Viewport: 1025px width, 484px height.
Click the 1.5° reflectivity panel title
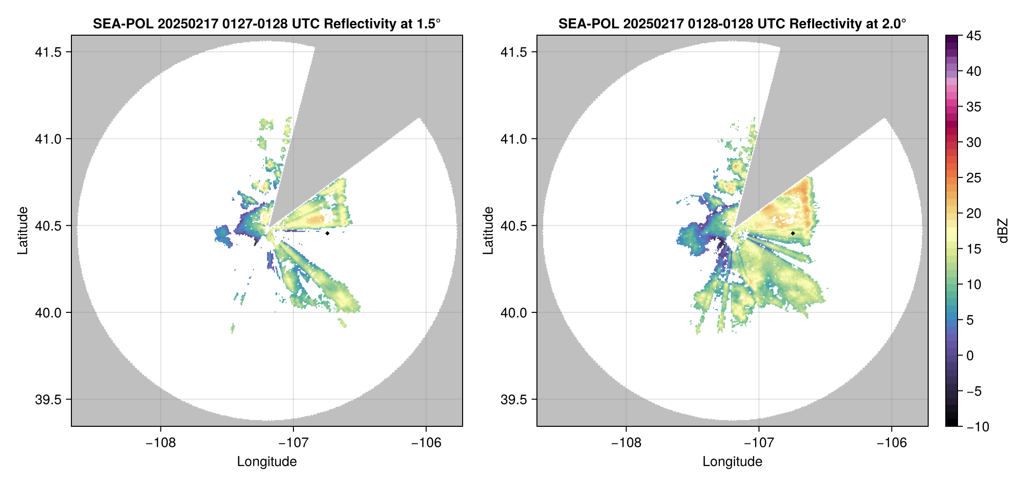tap(267, 23)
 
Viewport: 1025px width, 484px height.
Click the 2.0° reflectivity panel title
tap(732, 23)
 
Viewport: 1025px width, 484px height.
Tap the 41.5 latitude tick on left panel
tap(48, 52)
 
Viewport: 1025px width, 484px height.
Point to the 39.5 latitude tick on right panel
tap(513, 399)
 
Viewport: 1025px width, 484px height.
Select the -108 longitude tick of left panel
tap(160, 443)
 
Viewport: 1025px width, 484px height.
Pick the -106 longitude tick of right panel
tap(891, 443)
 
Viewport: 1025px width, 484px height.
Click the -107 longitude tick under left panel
tap(293, 443)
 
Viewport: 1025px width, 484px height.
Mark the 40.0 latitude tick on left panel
tap(48, 313)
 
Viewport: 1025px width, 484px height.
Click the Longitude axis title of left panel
tap(267, 462)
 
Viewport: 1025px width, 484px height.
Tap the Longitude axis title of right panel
tap(732, 462)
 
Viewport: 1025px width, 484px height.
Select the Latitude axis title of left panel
tap(22, 230)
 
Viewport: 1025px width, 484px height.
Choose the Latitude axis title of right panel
tap(488, 230)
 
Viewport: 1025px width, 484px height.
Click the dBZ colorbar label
tap(1003, 230)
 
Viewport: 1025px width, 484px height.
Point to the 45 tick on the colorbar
tap(974, 36)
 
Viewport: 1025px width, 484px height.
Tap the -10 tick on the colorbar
tap(978, 427)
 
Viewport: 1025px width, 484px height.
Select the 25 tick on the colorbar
tap(974, 178)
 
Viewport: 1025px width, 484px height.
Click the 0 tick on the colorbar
tap(970, 356)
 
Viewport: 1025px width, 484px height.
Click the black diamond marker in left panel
tap(327, 233)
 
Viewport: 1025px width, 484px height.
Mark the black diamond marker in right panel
tap(793, 233)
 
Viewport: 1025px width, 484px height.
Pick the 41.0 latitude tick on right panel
tap(513, 139)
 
